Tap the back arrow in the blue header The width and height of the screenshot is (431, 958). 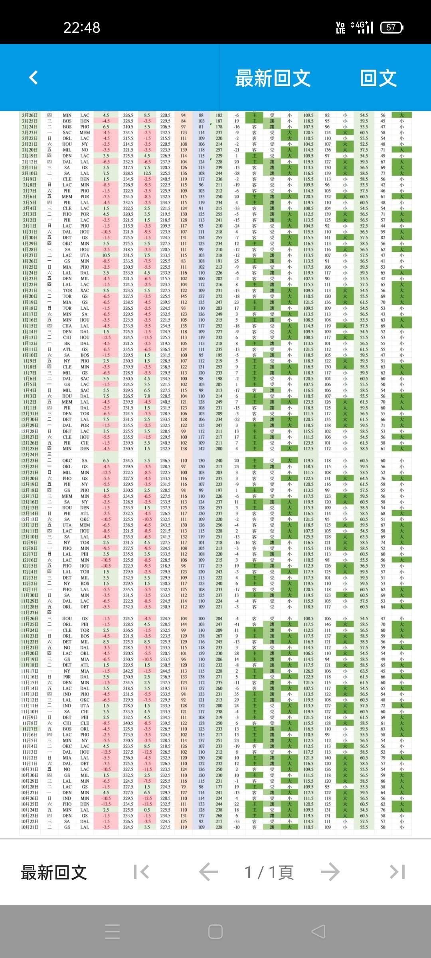point(34,77)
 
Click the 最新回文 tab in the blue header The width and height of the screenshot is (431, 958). point(273,78)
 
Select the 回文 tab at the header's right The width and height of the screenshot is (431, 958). point(378,78)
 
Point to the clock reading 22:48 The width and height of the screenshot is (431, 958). point(82,28)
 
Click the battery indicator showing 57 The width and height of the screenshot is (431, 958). point(391,28)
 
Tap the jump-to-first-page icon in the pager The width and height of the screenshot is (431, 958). point(141,872)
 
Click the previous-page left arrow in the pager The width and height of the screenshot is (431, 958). point(208,872)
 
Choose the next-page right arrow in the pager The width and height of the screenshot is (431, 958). point(330,872)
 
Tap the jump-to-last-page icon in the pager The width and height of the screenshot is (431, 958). point(397,872)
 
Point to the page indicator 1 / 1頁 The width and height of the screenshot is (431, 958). point(269,873)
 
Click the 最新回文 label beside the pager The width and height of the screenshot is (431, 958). point(54,873)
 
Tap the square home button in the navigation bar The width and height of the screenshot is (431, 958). point(215,932)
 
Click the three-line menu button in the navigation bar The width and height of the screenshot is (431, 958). point(112,932)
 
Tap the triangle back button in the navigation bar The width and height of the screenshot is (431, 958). point(318,932)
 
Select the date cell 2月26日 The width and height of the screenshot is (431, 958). point(30,115)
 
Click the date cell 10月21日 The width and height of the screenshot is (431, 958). point(30,827)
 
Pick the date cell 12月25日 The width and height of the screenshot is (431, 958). point(30,449)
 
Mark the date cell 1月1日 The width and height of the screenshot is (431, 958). point(30,408)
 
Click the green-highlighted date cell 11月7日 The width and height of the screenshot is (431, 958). point(30,729)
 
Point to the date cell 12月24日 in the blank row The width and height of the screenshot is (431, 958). point(30,455)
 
